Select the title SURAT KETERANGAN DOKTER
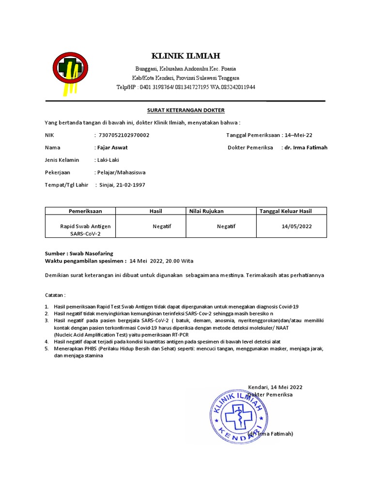(x=186, y=110)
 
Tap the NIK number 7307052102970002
(x=124, y=135)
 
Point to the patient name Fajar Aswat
(x=111, y=147)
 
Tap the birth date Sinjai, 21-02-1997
(x=122, y=185)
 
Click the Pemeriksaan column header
(x=85, y=211)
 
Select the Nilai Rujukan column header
(x=206, y=211)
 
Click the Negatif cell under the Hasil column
(x=162, y=226)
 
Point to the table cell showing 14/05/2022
(x=296, y=226)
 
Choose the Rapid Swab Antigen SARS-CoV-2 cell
(x=85, y=230)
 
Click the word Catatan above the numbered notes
(x=55, y=294)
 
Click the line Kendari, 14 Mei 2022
(x=275, y=387)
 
